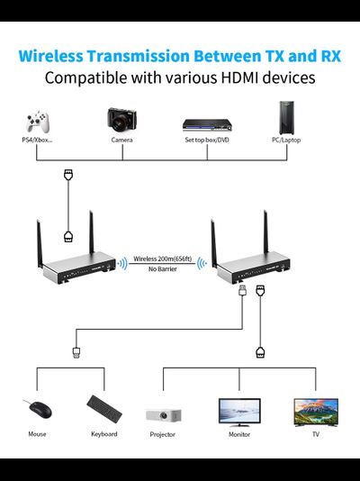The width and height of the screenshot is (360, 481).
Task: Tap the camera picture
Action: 121,118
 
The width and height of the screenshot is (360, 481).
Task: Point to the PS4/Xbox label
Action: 37,141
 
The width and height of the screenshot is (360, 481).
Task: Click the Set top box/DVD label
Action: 208,141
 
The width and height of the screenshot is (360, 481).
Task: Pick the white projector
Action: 163,413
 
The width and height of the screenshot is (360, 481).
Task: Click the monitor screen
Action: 238,411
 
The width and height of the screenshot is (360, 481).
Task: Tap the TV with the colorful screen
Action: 315,411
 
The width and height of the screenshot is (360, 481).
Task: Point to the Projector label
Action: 163,434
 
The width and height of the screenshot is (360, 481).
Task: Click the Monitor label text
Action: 238,434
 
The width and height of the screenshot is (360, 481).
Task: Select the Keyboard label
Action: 103,434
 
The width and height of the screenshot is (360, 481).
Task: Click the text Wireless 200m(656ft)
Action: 163,259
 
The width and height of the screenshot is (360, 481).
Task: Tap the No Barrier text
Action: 163,269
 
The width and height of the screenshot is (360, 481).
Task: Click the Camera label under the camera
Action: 121,141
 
